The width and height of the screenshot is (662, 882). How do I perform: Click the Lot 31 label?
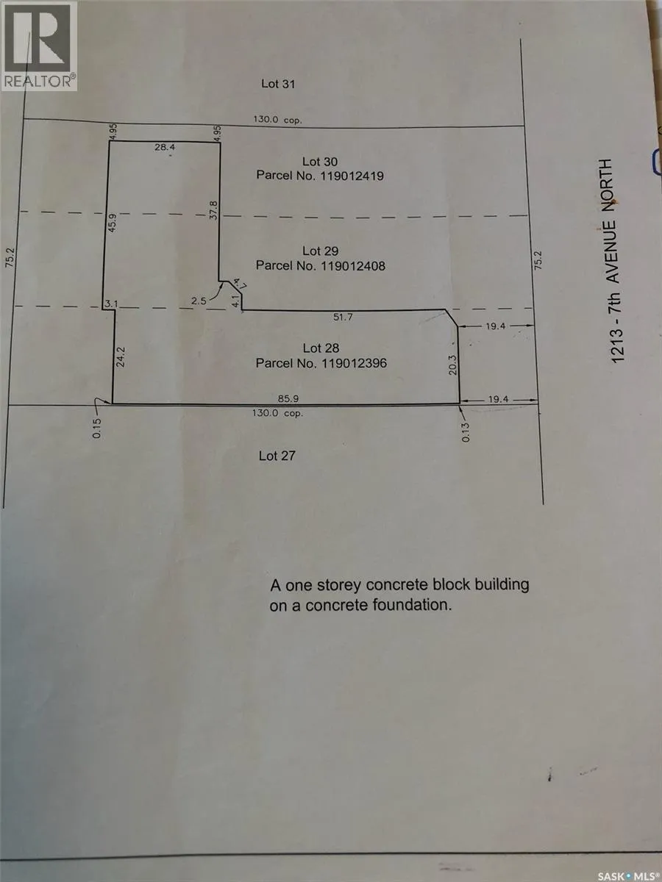pos(278,84)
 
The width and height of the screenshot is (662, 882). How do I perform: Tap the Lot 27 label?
pos(277,456)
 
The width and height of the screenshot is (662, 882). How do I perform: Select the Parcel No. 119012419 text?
pos(320,176)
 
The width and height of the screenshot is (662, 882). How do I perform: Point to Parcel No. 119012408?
pos(321,265)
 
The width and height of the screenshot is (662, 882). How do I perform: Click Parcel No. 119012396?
pos(321,363)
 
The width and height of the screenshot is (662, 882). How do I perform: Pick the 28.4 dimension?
pos(165,147)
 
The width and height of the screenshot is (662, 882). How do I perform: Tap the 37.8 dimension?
pos(213,210)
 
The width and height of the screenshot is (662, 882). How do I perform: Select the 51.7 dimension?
pos(343,317)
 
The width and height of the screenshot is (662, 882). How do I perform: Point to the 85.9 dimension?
pos(288,398)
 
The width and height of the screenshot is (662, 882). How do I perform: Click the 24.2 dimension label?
pos(121,356)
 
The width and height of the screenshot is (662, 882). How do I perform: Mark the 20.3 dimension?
pos(453,365)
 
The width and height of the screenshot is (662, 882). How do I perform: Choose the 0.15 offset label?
pos(97,429)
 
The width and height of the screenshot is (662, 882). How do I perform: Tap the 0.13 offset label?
pos(466,432)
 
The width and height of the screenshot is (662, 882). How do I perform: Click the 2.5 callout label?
pos(199,301)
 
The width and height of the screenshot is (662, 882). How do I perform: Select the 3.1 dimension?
pos(111,304)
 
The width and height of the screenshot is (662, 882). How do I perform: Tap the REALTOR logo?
pos(39,46)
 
